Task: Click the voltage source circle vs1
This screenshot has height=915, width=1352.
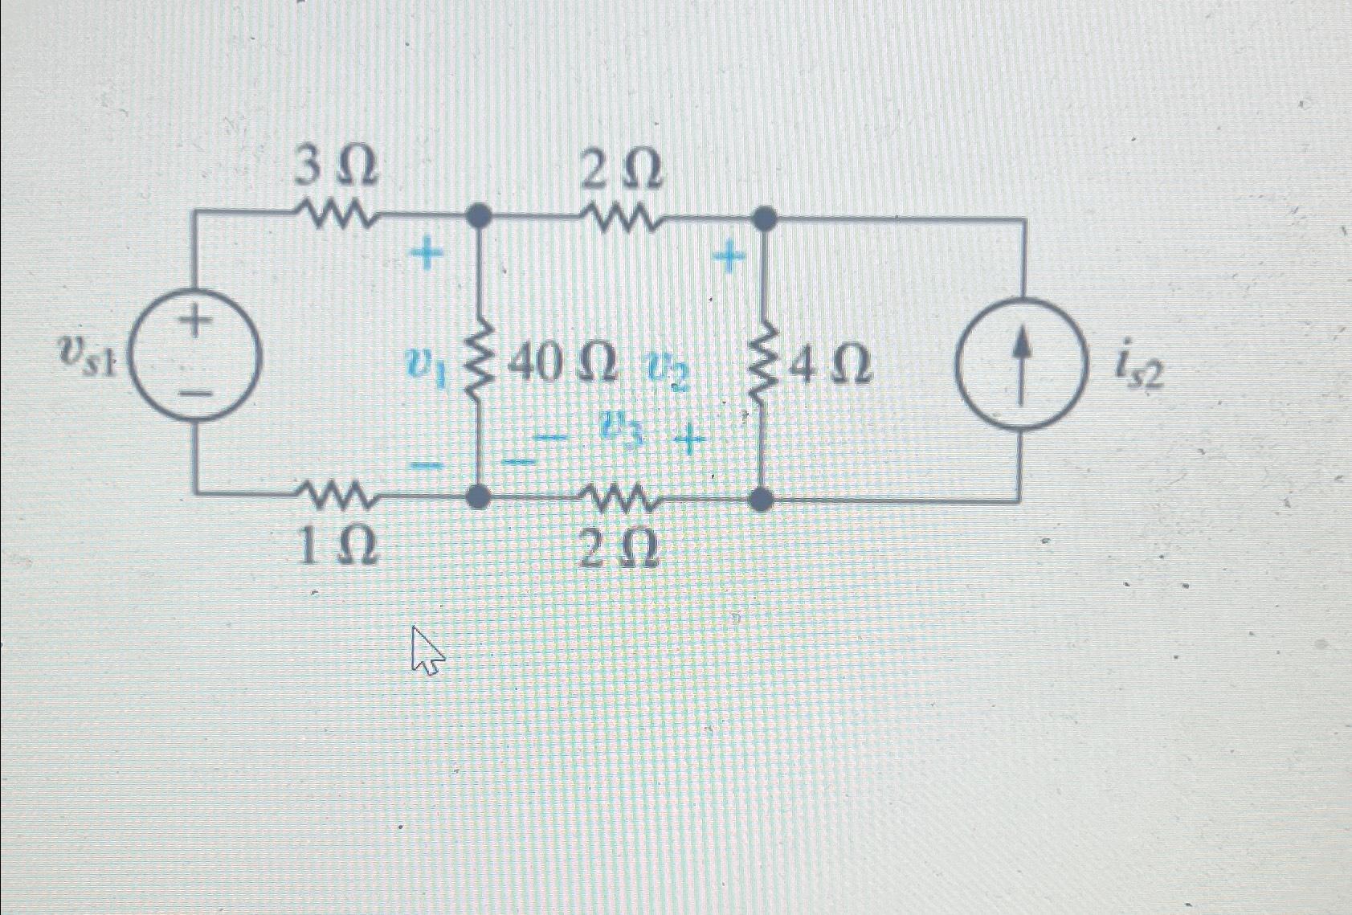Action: (x=195, y=357)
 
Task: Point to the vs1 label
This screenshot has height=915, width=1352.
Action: (x=87, y=354)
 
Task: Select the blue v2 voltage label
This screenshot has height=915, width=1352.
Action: (x=666, y=373)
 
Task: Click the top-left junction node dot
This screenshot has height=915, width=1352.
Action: (x=480, y=215)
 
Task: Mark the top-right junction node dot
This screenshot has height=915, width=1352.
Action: (x=762, y=218)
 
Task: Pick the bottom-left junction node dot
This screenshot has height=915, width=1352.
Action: (x=480, y=497)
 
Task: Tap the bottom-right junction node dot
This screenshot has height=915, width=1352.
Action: (x=761, y=500)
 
